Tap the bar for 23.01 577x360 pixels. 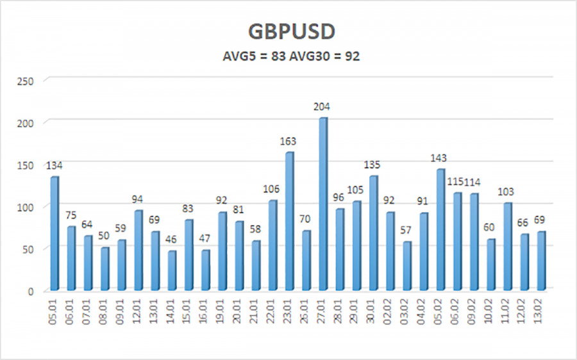288,221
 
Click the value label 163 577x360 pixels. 288,141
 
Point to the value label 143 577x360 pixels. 439,158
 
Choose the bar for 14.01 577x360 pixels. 171,270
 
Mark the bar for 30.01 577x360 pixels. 372,233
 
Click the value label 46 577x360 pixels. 171,240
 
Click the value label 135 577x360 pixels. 372,165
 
